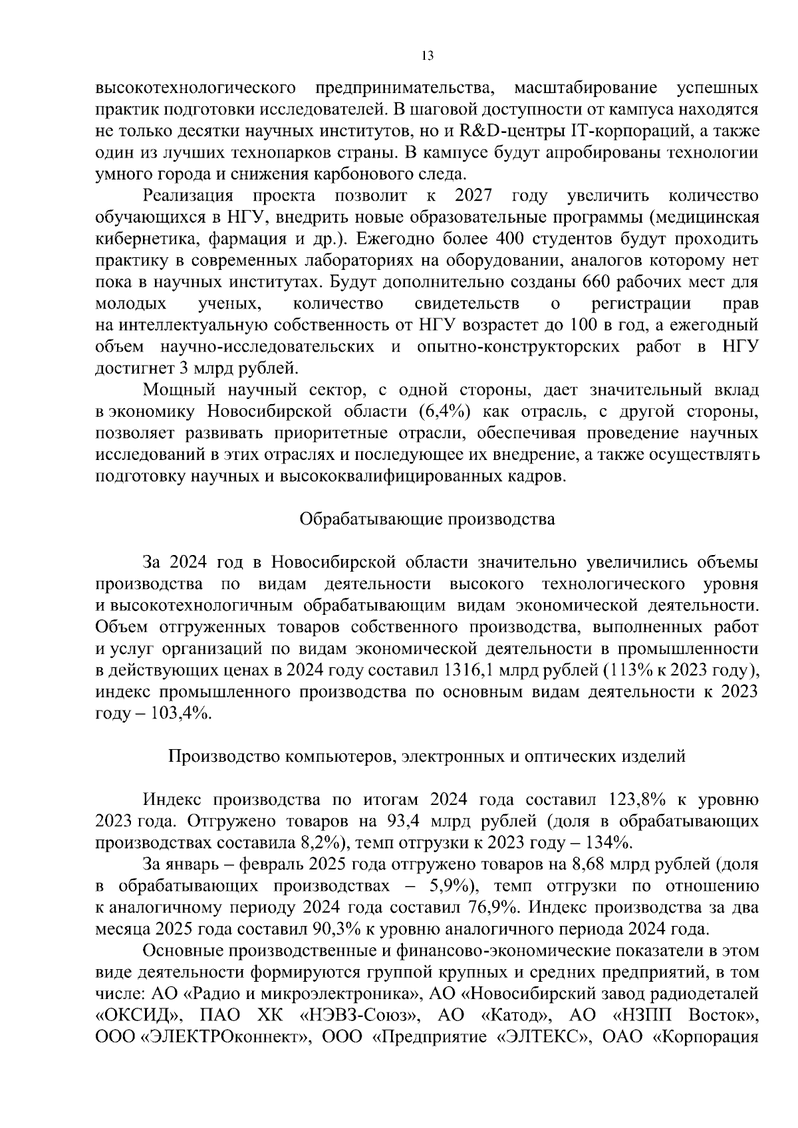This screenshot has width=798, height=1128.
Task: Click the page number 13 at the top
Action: pos(428,56)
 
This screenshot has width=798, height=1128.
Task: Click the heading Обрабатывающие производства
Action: pos(427,519)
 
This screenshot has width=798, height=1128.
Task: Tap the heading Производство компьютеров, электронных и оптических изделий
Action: pos(426,756)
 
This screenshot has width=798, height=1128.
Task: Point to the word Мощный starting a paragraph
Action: pos(175,390)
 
